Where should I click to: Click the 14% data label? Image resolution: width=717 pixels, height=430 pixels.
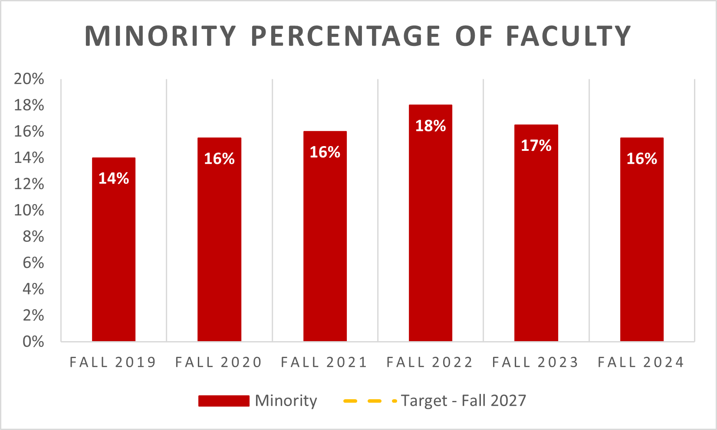click(x=114, y=178)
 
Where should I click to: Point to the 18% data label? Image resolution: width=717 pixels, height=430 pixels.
click(x=431, y=126)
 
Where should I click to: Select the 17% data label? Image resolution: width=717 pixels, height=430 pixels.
click(x=536, y=145)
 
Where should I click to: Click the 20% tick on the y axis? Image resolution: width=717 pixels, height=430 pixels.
click(x=29, y=79)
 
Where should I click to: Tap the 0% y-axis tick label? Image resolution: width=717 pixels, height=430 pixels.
click(x=33, y=342)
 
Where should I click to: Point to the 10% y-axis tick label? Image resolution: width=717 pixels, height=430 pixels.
click(x=29, y=210)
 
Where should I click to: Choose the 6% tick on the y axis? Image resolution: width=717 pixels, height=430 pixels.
click(x=33, y=263)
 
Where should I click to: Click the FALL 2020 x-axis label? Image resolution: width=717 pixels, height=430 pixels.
click(x=219, y=362)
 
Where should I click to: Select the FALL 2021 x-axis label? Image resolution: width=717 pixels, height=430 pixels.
click(x=325, y=362)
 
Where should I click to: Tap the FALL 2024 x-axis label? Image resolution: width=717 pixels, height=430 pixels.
click(x=641, y=362)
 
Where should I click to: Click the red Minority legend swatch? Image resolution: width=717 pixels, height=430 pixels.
click(x=224, y=401)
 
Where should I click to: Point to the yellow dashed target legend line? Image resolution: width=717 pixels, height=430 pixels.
click(x=369, y=401)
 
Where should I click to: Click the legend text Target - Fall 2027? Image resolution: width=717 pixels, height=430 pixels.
click(x=463, y=401)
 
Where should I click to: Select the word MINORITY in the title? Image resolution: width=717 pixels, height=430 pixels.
click(x=161, y=36)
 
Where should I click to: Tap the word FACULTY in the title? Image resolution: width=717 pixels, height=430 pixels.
click(x=568, y=36)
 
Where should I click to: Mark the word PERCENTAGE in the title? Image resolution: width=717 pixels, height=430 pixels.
click(x=345, y=36)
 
